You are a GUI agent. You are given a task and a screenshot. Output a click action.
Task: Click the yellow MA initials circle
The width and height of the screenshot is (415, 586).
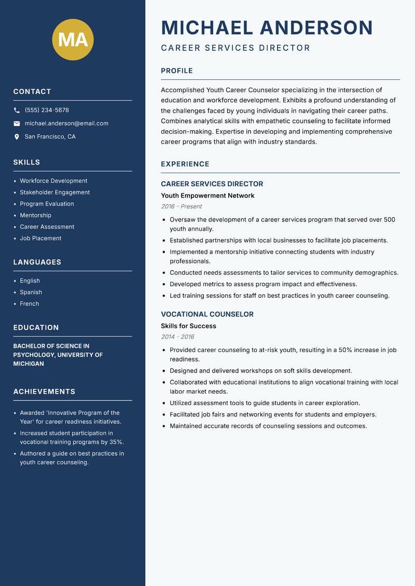[x=73, y=39]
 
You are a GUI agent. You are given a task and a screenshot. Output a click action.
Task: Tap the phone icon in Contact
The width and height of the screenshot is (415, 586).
[x=17, y=110]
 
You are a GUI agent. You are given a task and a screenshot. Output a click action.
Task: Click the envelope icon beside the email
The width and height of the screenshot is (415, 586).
[x=17, y=123]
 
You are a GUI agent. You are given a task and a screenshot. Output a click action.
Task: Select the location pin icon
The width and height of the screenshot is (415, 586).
[x=17, y=137]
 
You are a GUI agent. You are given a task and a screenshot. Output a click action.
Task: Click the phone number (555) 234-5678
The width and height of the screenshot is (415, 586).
[x=47, y=110]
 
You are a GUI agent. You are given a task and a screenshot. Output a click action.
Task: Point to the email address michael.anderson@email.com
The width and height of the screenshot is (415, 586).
[x=66, y=123]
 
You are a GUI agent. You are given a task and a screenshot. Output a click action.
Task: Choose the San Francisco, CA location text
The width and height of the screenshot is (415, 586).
[x=50, y=137]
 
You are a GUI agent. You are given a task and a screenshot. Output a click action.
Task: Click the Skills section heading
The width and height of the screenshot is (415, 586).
[x=26, y=162]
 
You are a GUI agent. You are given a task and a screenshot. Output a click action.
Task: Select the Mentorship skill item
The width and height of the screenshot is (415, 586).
[x=35, y=215]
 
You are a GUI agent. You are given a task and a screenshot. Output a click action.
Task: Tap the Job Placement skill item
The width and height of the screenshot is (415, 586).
[x=40, y=238]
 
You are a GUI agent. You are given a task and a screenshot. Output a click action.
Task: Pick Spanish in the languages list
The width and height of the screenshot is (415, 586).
[x=31, y=292]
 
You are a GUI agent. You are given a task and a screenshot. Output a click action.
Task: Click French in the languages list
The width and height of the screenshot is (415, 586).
[x=29, y=303]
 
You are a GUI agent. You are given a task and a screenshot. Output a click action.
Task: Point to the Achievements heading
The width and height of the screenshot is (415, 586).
[x=44, y=392]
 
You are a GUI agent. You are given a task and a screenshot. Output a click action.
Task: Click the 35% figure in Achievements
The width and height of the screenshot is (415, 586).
[x=117, y=442]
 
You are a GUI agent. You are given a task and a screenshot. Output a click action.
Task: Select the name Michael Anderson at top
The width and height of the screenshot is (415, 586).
[x=267, y=27]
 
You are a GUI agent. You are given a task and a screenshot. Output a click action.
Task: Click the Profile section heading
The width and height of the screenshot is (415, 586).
[x=176, y=71]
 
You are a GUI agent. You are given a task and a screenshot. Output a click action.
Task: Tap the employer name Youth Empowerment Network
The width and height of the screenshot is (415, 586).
[x=208, y=196]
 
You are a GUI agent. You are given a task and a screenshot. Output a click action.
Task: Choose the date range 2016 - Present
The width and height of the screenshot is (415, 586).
[x=181, y=206]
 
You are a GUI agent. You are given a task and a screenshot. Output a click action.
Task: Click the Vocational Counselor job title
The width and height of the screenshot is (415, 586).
[x=207, y=314]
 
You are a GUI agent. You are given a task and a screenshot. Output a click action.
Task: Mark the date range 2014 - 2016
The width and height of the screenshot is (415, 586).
[x=177, y=337]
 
